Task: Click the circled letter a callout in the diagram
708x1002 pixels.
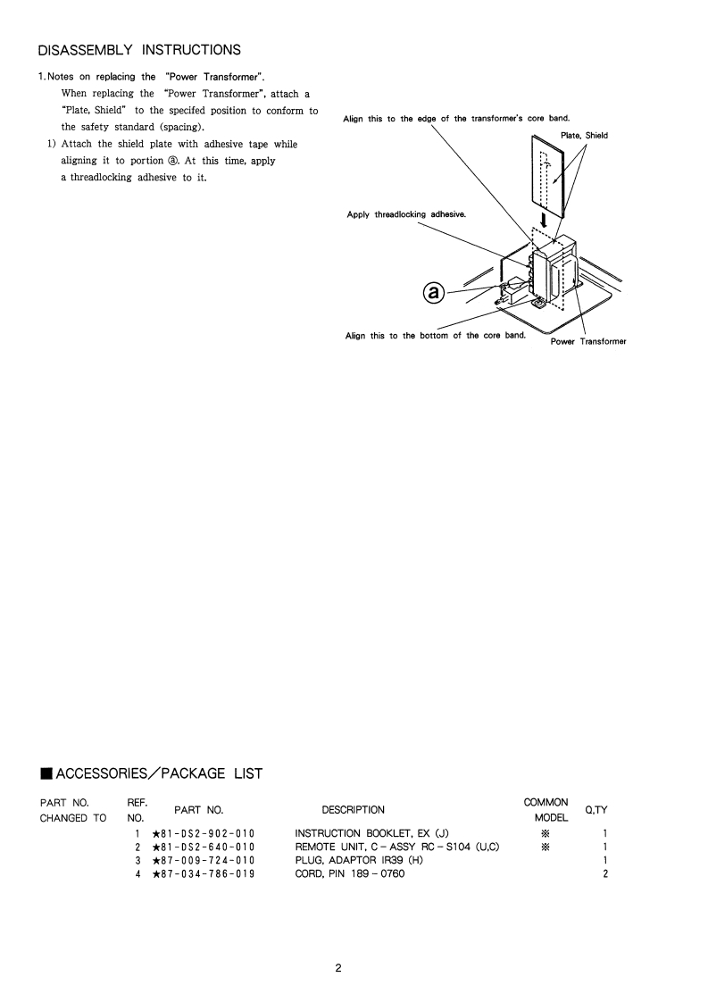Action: click(433, 293)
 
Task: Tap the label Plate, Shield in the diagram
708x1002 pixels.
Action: click(585, 136)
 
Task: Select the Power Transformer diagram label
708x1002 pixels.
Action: click(588, 341)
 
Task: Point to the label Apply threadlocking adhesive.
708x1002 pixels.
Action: click(406, 215)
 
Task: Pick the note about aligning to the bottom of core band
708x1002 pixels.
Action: click(435, 336)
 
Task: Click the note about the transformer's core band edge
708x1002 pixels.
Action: click(456, 119)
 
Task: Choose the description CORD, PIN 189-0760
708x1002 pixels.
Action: click(349, 873)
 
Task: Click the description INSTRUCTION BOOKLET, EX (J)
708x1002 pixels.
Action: click(365, 833)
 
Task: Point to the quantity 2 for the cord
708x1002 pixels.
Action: click(605, 873)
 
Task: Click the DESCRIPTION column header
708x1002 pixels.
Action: click(354, 810)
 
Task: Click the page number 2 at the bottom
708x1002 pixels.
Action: click(338, 968)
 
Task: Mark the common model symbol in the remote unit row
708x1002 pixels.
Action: click(546, 847)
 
